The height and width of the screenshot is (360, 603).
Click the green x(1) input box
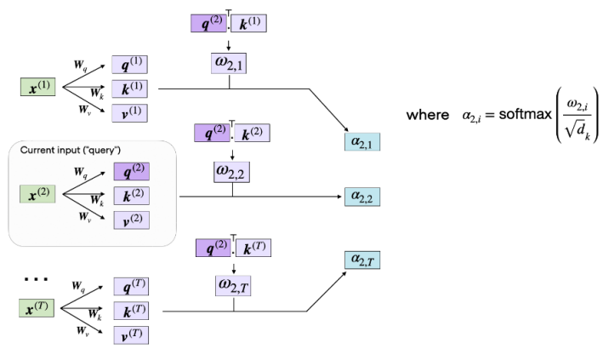(x=37, y=87)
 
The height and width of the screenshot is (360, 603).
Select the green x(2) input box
(x=37, y=194)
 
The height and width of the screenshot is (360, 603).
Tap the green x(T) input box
(x=37, y=308)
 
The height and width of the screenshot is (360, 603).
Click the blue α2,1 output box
(x=362, y=140)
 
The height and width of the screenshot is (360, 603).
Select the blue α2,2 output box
(x=362, y=197)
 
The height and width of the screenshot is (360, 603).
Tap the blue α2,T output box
(x=362, y=259)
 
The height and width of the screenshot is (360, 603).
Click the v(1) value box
(x=130, y=113)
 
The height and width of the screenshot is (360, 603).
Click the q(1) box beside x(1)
(x=130, y=64)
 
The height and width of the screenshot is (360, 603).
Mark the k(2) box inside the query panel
(x=130, y=196)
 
